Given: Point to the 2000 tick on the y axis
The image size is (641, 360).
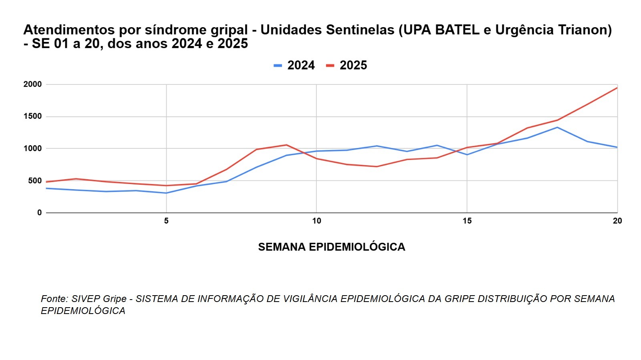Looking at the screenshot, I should click(x=32, y=84).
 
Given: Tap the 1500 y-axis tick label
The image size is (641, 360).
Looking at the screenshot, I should click(x=32, y=116).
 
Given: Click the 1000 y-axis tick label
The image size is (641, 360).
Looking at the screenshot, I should click(x=32, y=148).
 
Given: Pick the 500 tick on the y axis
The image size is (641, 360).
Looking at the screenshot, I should click(x=35, y=181).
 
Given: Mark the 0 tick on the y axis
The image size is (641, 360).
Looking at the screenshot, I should click(x=39, y=213).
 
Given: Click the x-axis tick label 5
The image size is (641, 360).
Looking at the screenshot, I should click(x=166, y=221).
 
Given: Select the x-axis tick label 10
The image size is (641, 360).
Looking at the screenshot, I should click(x=316, y=221).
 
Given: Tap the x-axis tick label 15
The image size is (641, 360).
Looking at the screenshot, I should click(x=467, y=221).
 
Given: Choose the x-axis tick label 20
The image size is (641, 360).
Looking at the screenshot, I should click(x=617, y=221).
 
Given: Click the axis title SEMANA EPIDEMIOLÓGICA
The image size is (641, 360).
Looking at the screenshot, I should click(x=331, y=247).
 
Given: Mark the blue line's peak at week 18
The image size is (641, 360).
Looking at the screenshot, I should click(x=557, y=128).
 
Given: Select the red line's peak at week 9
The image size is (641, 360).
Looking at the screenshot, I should click(x=286, y=145).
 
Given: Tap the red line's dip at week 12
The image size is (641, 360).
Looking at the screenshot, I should click(x=377, y=166).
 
